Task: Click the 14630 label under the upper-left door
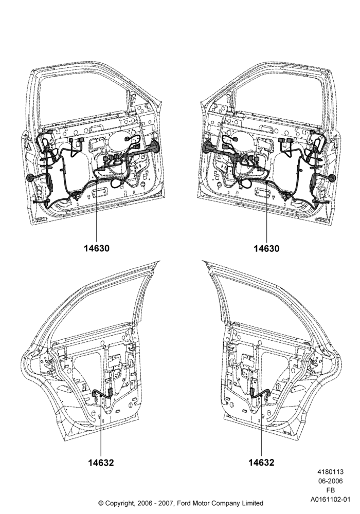click(x=96, y=248)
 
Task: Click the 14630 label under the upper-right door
click(x=266, y=248)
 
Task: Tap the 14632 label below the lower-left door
click(x=101, y=463)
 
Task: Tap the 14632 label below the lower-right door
click(x=261, y=462)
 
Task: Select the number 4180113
click(x=330, y=472)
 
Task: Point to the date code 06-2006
click(x=331, y=481)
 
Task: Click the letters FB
click(x=331, y=490)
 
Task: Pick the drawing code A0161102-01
click(x=331, y=500)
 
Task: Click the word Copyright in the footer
click(x=119, y=503)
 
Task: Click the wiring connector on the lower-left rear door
click(x=110, y=392)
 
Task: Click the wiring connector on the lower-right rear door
click(x=253, y=392)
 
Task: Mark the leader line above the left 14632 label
click(x=101, y=425)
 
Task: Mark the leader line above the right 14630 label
click(x=266, y=212)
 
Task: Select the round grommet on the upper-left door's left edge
click(x=30, y=177)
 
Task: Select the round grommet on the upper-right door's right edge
click(x=332, y=178)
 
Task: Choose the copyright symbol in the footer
click(x=101, y=503)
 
